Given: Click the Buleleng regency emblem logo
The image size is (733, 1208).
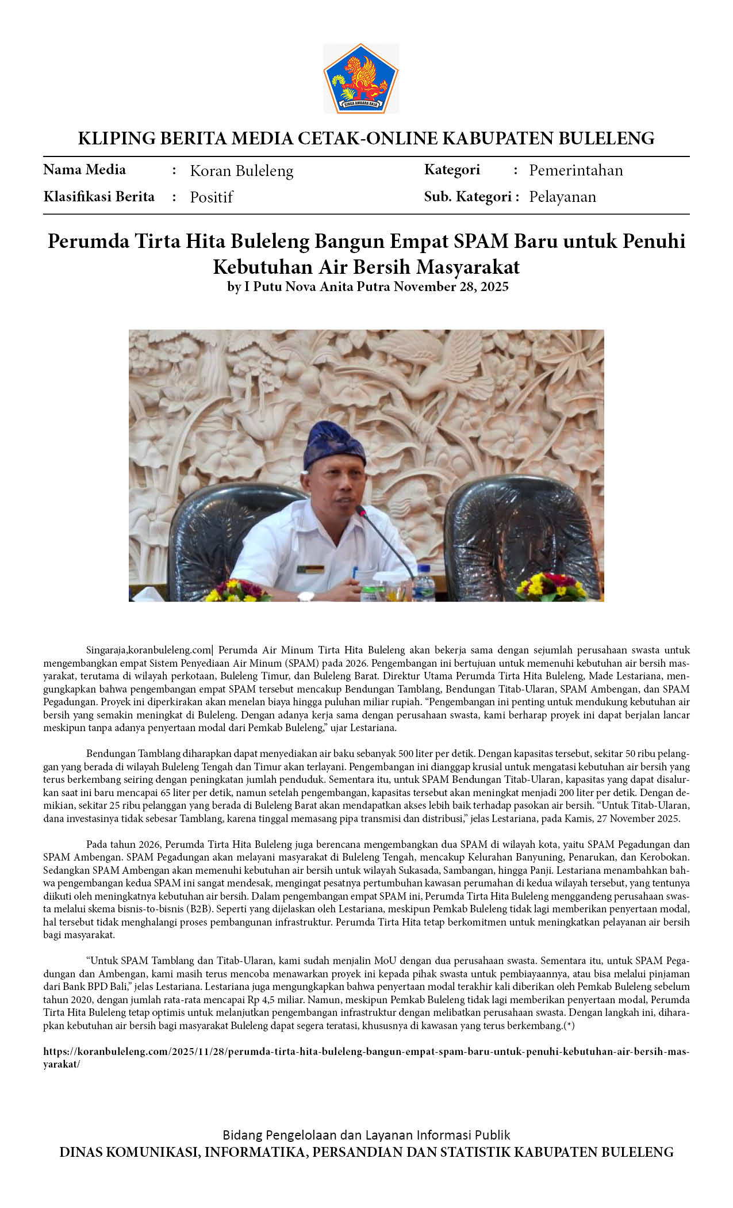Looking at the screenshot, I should coord(361,78).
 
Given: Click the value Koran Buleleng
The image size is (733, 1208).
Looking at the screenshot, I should coord(241,171).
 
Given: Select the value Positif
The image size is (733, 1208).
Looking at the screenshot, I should coord(211,197).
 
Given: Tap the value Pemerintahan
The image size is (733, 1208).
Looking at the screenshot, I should coord(575,170).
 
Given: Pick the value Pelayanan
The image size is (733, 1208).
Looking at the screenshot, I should coord(562,197).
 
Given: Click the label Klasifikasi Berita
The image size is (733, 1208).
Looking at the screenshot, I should coord(99,197).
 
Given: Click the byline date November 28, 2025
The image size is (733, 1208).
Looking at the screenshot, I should coord(451,286).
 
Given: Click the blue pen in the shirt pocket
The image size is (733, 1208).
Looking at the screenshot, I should coord(355,572).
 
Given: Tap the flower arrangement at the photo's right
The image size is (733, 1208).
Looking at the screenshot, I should coord(552,587).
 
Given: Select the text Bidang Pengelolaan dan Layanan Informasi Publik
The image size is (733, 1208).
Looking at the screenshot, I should coord(366,1135).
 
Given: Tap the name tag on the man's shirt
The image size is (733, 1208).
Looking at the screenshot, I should coord(311,569).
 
